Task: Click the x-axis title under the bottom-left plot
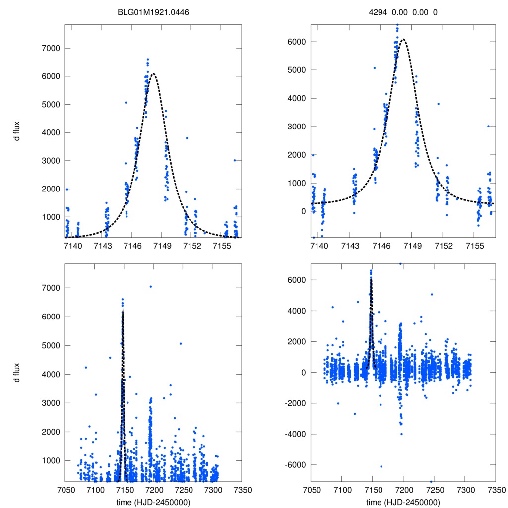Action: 153,502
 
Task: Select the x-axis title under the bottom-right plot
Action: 403,502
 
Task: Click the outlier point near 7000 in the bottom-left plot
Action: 150,286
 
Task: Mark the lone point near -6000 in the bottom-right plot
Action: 381,466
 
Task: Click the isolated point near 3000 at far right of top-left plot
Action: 234,160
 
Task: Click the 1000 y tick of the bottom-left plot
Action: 50,460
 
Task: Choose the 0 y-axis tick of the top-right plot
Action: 303,211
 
